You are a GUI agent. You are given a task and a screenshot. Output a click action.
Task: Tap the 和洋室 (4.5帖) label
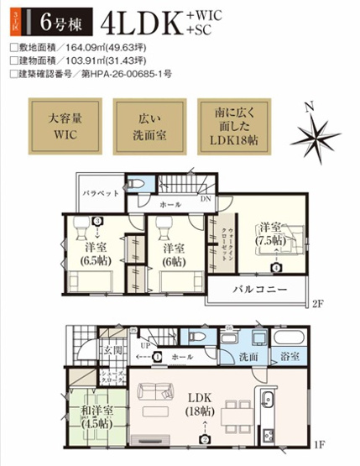click(x=94, y=416)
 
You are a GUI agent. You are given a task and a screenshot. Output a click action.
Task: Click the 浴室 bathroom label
click(x=290, y=357)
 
